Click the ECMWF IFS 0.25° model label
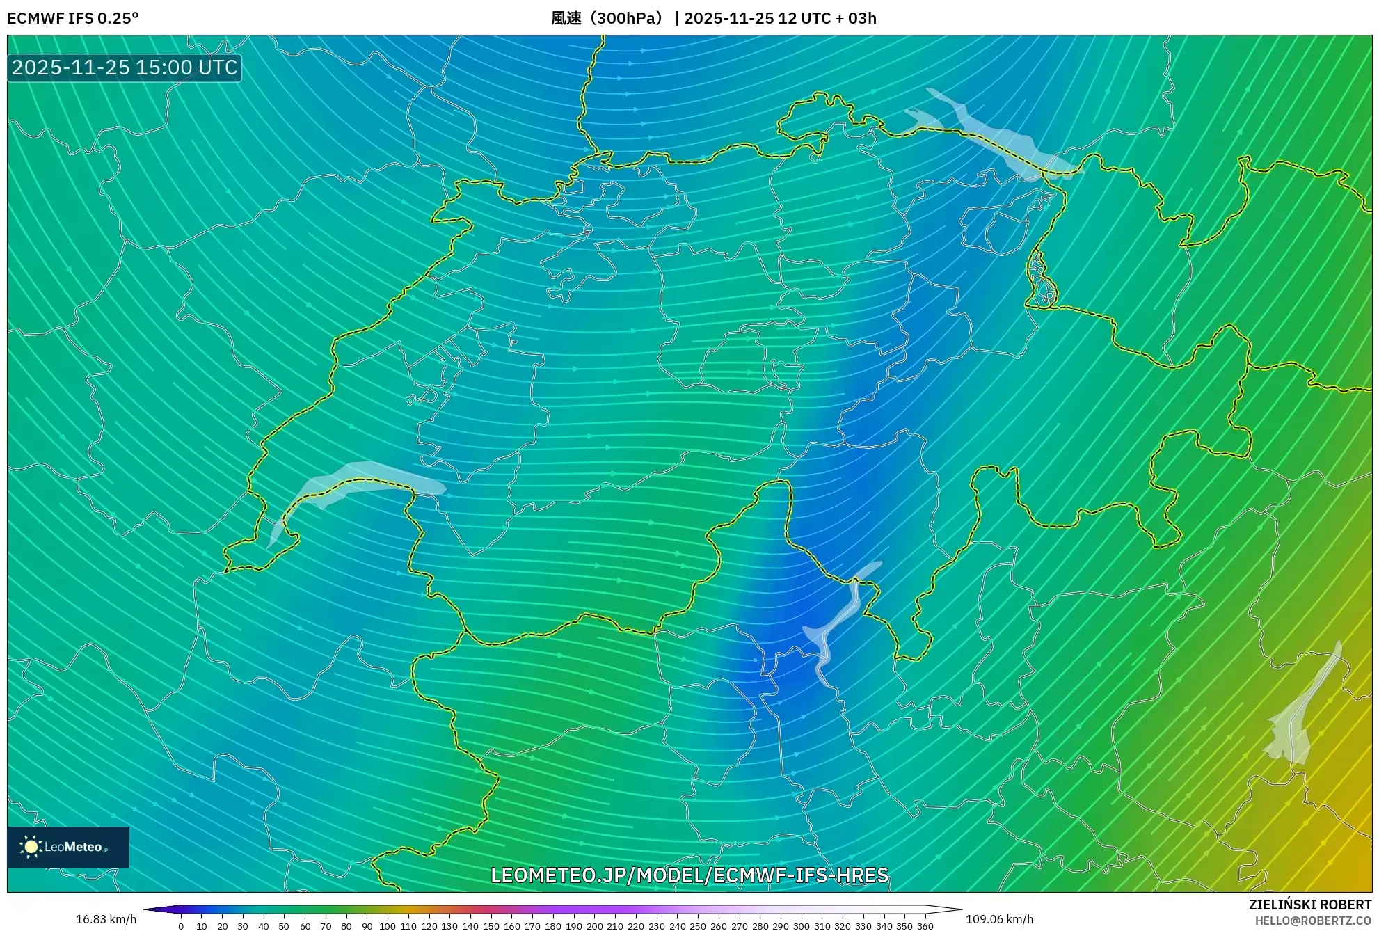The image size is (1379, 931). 72,18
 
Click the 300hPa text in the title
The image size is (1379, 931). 629,18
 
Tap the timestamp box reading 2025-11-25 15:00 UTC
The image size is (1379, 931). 125,67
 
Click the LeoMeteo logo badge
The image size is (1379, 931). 68,847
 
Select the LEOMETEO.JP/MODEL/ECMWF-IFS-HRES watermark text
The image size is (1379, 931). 689,875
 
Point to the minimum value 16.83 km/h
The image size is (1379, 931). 106,919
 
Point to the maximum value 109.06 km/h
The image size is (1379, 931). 999,919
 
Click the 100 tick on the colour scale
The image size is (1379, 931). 388,925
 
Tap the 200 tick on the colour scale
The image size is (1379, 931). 594,925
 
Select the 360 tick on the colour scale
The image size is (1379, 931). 925,925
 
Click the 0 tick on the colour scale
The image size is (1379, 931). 181,925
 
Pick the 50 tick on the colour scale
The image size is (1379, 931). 284,925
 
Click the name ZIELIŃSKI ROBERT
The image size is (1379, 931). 1310,905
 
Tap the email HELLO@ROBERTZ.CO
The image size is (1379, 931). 1313,921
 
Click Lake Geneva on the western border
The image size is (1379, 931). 348,480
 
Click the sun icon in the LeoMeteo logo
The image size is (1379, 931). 31,847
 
